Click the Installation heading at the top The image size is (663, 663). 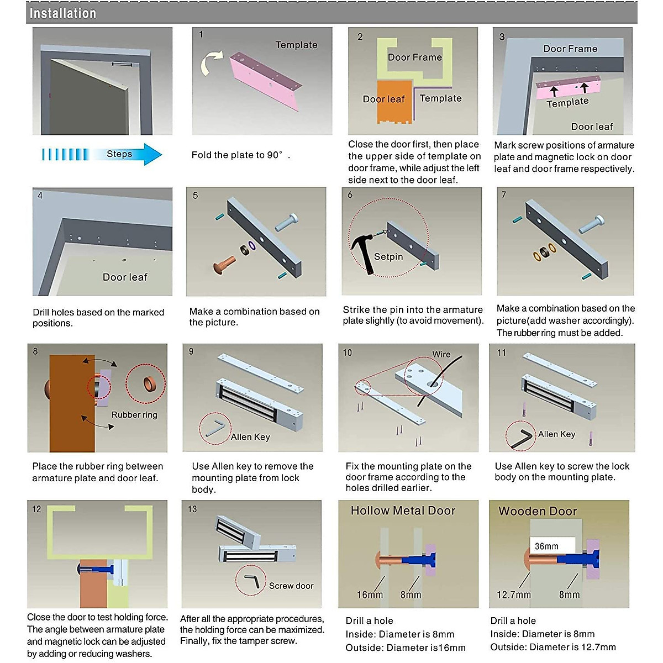pyautogui.click(x=62, y=13)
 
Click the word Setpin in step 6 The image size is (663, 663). pyautogui.click(x=388, y=257)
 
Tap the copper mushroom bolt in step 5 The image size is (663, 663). pyautogui.click(x=224, y=265)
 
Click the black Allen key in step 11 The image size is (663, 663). pyautogui.click(x=520, y=436)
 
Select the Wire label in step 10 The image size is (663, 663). pyautogui.click(x=441, y=355)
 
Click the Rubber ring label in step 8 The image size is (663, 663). pyautogui.click(x=134, y=415)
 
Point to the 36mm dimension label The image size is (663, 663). pyautogui.click(x=546, y=546)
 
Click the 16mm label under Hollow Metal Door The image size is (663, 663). pyautogui.click(x=370, y=595)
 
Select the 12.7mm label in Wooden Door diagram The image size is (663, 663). pyautogui.click(x=513, y=595)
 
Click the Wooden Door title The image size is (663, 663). pyautogui.click(x=538, y=511)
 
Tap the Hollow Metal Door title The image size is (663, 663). pyautogui.click(x=403, y=511)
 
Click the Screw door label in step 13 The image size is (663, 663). pyautogui.click(x=291, y=586)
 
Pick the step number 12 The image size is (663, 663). pyautogui.click(x=36, y=509)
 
